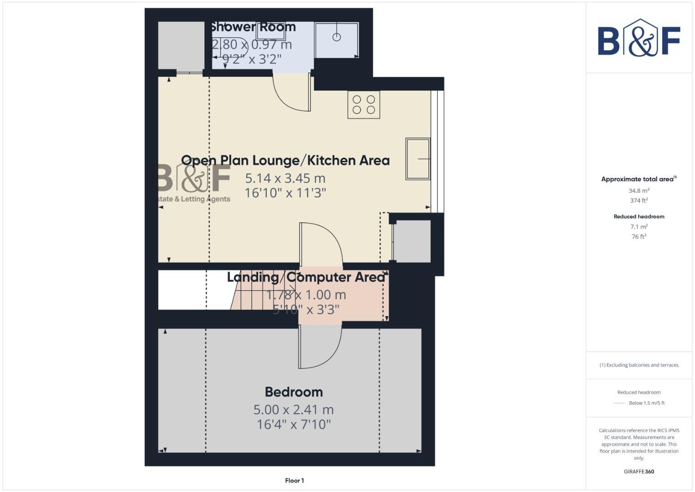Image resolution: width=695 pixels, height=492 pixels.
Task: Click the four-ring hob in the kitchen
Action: pos(364,105)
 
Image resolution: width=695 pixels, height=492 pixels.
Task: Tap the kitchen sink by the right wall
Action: pos(418,159)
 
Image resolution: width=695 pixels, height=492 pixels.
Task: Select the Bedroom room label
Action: pos(294,392)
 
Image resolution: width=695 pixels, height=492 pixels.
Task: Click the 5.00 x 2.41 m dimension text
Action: pos(294,409)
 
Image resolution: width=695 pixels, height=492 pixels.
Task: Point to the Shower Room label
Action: pos(253,27)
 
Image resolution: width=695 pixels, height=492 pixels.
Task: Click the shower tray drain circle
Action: pos(336,37)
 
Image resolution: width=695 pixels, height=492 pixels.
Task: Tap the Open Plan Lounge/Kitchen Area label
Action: pos(285,160)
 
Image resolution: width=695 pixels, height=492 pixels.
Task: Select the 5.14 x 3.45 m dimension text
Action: pos(285,178)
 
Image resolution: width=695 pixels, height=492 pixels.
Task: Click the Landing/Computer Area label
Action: pos(306,277)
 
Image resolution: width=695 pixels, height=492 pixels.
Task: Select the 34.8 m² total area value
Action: pos(639,191)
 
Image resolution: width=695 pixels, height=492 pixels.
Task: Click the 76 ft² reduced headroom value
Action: pos(639,236)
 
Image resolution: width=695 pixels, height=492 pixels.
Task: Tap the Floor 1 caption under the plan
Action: pos(294,480)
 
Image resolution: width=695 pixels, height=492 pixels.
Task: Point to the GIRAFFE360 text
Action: pos(639,471)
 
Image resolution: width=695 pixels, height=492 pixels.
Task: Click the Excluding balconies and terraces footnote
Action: pos(639,365)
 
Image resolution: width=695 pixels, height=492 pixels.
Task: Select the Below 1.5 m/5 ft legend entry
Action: pos(646,403)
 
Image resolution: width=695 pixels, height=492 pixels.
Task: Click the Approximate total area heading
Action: pos(638,179)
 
